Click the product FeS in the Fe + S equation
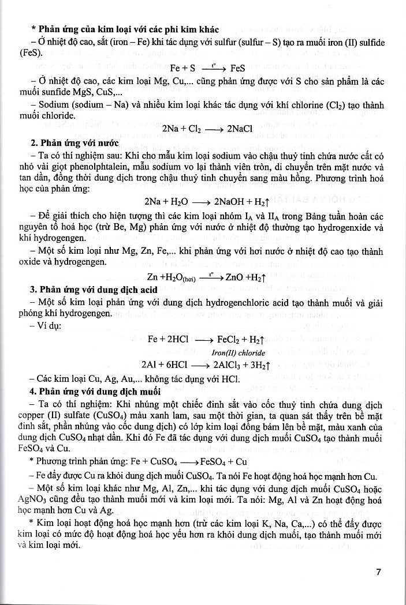[238, 67]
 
